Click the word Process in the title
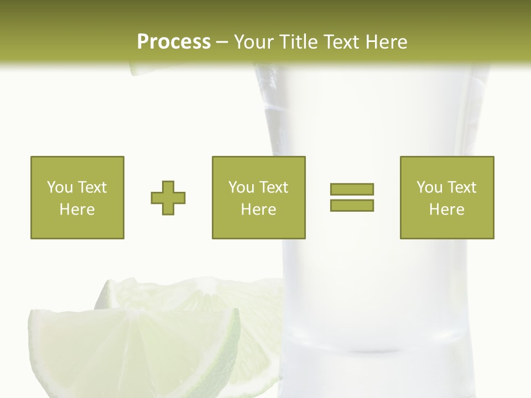point(174,42)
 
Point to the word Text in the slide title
point(343,42)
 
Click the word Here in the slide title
point(387,42)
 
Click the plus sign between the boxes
point(168,198)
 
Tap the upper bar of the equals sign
point(352,189)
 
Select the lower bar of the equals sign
point(352,205)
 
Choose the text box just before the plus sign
point(77,197)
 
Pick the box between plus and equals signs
point(258,197)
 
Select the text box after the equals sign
point(446,197)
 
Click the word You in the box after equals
point(429,187)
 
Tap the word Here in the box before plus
point(77,209)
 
